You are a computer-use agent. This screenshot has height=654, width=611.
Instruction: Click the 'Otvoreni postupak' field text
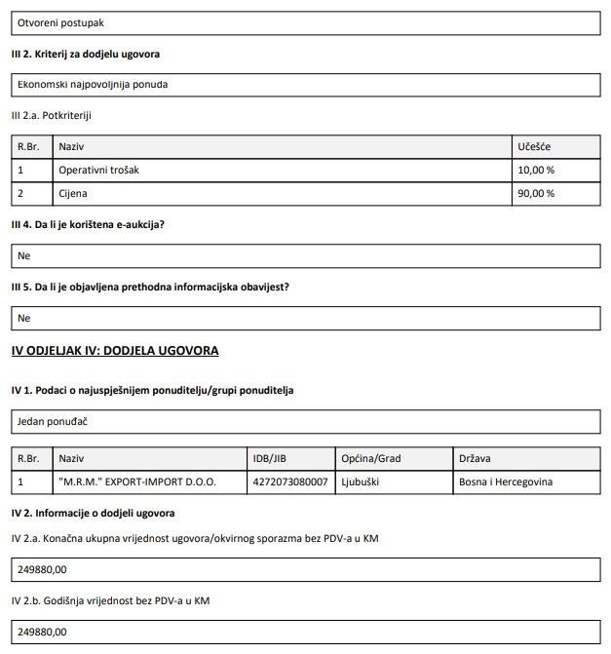[x=61, y=20]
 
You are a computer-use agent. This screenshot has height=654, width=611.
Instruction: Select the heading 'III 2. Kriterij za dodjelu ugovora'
[x=85, y=53]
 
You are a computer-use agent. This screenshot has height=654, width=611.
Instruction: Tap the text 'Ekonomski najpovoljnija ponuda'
[x=93, y=84]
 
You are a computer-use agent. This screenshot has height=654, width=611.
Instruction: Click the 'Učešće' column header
[x=534, y=146]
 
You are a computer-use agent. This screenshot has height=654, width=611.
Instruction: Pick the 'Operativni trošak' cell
[x=99, y=170]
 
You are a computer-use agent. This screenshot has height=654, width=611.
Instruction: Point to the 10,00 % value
[x=536, y=170]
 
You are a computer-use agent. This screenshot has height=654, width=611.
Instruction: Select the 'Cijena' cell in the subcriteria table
[x=73, y=193]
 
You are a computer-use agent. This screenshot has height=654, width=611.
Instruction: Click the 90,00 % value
[x=536, y=193]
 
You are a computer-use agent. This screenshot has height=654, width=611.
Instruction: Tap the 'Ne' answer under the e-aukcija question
[x=24, y=255]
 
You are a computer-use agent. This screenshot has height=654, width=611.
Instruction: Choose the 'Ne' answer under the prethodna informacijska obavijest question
[x=24, y=318]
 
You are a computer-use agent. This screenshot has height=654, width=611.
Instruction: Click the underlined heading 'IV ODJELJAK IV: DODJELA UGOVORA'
[x=115, y=350]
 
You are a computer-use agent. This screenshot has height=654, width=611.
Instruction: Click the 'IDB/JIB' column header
[x=270, y=458]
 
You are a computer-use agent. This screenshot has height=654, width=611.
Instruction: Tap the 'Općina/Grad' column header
[x=371, y=458]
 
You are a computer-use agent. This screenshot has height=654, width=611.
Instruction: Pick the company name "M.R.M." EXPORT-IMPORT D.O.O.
[x=137, y=481]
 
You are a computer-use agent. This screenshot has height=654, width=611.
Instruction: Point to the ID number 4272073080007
[x=290, y=481]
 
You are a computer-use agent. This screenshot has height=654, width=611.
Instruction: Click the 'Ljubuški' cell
[x=363, y=481]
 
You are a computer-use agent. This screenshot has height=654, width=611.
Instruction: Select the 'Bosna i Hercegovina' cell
[x=505, y=481]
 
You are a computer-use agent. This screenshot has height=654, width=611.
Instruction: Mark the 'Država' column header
[x=476, y=458]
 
